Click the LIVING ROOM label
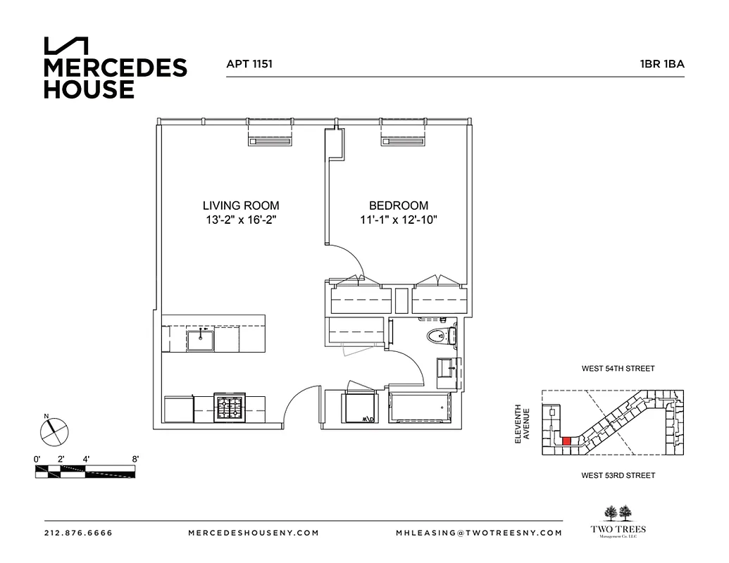pos(241,205)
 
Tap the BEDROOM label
pos(399,205)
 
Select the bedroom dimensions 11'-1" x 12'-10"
pos(399,220)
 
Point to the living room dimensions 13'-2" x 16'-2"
pos(241,220)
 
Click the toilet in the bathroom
pos(441,336)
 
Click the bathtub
pos(420,408)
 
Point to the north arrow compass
pos(53,430)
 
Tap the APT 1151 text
pos(249,63)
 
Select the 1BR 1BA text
pos(661,63)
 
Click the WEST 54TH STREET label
pos(618,368)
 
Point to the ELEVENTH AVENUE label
pos(521,423)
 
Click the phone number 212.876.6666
pos(78,533)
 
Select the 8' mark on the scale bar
pos(135,459)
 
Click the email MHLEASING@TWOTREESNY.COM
pos(479,533)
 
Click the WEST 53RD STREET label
pos(618,476)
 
